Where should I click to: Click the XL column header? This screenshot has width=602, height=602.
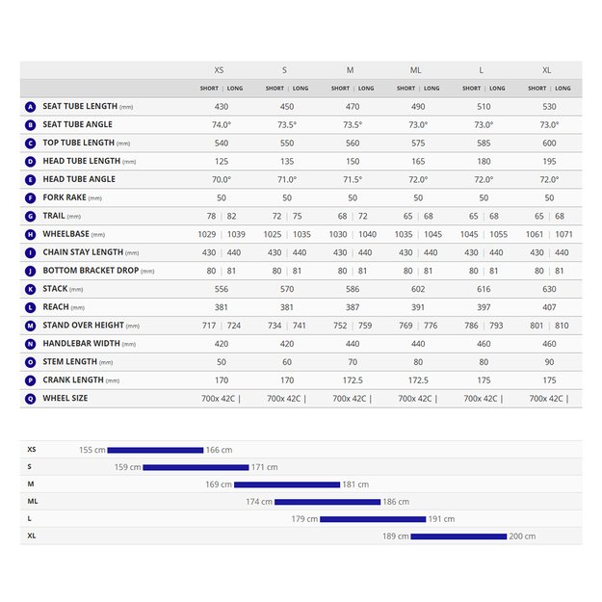tap(548, 70)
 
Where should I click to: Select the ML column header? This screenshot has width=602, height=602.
tap(415, 70)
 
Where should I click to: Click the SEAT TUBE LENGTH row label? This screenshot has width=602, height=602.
tap(79, 106)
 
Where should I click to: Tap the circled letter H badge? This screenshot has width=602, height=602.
tap(31, 234)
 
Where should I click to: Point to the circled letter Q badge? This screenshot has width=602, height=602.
tap(31, 399)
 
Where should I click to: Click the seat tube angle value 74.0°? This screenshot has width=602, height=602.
tap(222, 124)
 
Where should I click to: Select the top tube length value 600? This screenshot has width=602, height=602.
tap(549, 143)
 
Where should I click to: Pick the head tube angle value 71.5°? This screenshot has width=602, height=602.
tap(353, 179)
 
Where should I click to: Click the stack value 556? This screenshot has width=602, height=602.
tap(222, 289)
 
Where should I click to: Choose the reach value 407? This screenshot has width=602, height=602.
tap(549, 307)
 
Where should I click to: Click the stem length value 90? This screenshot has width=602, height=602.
tap(549, 362)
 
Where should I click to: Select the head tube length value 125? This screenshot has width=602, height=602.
tap(222, 161)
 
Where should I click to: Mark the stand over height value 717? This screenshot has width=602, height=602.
tap(209, 326)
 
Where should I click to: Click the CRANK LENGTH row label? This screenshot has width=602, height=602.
tap(80, 380)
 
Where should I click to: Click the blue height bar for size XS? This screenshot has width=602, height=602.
tap(155, 450)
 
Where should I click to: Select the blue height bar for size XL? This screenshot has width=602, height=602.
tap(458, 537)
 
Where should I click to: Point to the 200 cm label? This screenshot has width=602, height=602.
tap(523, 537)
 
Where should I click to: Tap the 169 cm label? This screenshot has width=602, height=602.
tap(219, 484)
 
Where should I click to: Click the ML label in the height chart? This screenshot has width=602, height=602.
tap(33, 502)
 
